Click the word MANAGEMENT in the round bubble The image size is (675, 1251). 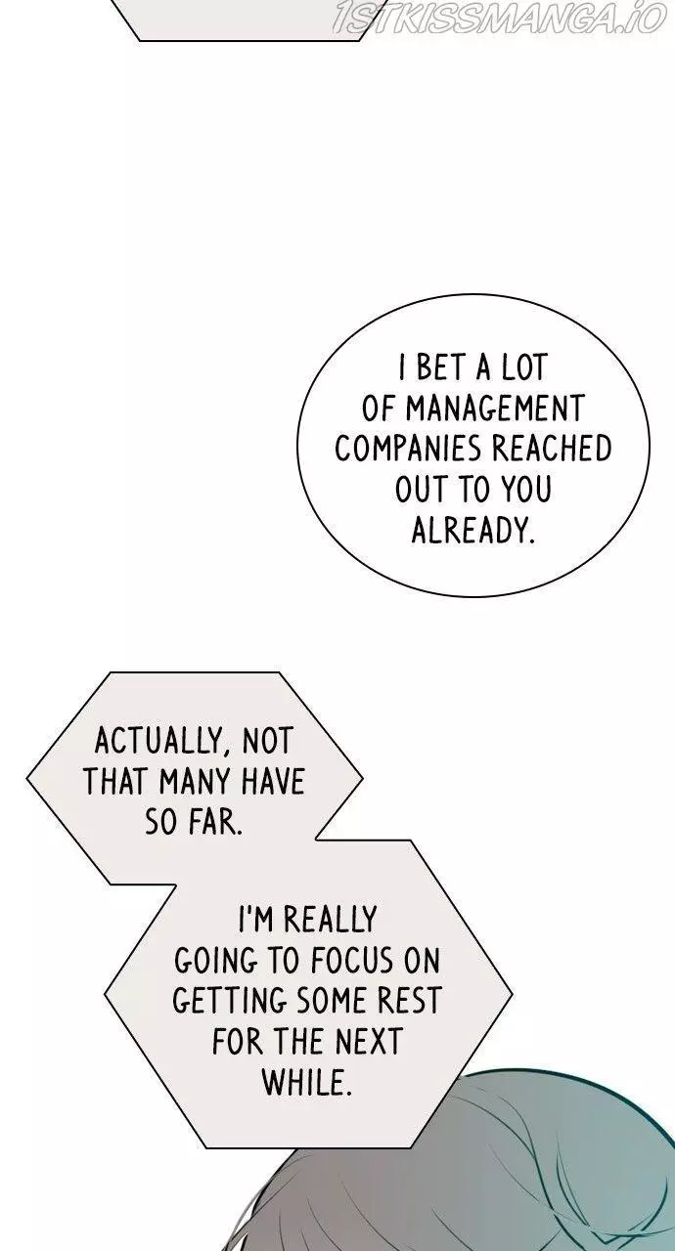click(495, 409)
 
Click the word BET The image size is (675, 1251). click(441, 367)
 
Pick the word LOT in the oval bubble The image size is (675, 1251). click(523, 367)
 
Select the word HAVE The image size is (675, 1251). click(273, 782)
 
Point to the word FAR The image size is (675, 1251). click(215, 822)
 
